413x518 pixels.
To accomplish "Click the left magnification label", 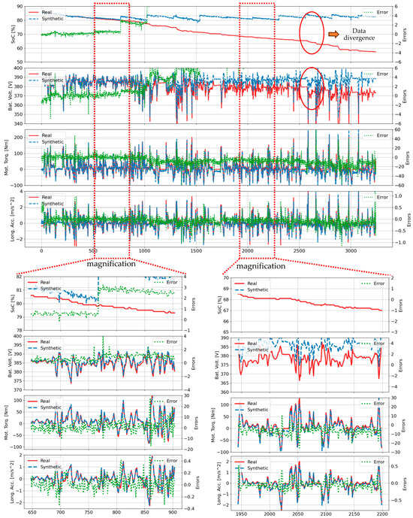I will [110, 264].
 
